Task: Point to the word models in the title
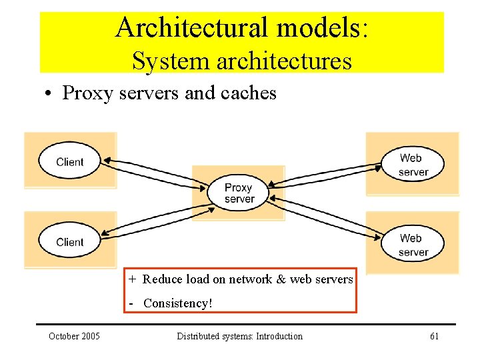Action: pyautogui.click(x=322, y=27)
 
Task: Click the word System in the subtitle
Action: pyautogui.click(x=171, y=61)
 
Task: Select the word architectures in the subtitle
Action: pyautogui.click(x=285, y=61)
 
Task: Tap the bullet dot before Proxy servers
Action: pyautogui.click(x=48, y=93)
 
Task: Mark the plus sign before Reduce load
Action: pyautogui.click(x=132, y=279)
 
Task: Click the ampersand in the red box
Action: pyautogui.click(x=281, y=279)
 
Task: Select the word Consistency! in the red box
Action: pyautogui.click(x=178, y=303)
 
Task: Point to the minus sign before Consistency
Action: pyautogui.click(x=131, y=304)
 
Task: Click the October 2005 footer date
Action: pyautogui.click(x=74, y=336)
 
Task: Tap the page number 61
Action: pyautogui.click(x=435, y=336)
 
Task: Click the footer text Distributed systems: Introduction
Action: pyautogui.click(x=240, y=336)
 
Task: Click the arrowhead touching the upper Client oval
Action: pyautogui.click(x=107, y=160)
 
